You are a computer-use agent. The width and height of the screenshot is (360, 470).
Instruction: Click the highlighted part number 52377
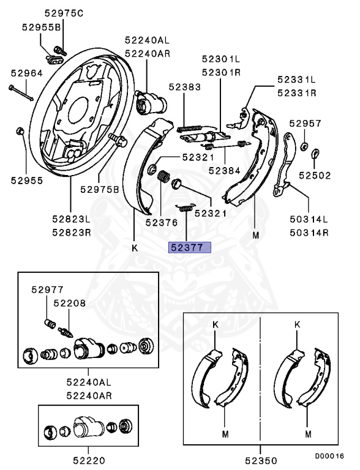coord(190,248)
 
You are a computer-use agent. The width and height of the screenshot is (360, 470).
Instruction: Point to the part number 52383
coord(185,88)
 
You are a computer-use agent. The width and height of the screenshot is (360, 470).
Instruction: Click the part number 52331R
coord(296,93)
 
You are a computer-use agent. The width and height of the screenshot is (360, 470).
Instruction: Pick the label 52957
coord(306,123)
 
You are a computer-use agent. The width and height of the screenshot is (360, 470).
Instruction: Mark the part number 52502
coord(315,175)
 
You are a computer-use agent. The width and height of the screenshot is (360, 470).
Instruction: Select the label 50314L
coord(309,219)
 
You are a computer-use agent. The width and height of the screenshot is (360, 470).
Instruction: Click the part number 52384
coord(224,171)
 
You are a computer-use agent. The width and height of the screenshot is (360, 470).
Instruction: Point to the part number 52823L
coord(70,219)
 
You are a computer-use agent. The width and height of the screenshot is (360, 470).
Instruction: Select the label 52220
coord(91,460)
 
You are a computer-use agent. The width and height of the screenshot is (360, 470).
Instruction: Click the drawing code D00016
coord(330,456)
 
